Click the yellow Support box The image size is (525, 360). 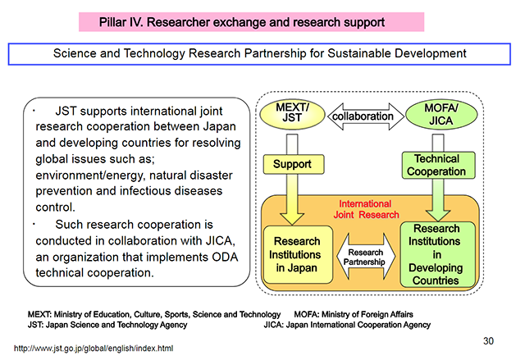tap(291, 164)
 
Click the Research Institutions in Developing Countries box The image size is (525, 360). tap(436, 254)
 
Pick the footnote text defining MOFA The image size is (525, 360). tap(353, 314)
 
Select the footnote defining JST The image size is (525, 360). tap(107, 324)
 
